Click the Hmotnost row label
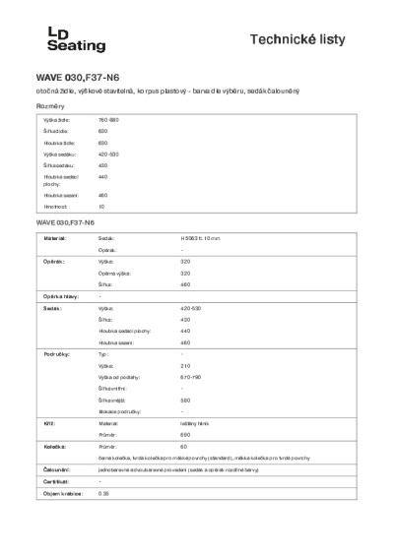tap(53, 207)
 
